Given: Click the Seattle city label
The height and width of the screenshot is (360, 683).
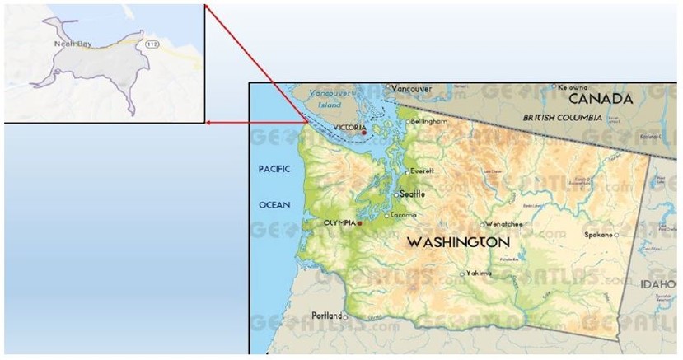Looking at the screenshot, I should [x=413, y=194].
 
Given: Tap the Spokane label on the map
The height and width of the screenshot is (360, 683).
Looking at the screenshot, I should [x=597, y=235].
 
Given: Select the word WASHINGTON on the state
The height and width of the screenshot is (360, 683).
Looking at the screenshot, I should [x=459, y=242].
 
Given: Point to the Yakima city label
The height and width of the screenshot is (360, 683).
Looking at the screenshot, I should [x=479, y=273].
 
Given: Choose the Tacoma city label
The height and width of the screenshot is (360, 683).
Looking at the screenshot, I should [x=404, y=215].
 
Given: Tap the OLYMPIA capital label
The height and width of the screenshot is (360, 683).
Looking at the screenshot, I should [x=339, y=222].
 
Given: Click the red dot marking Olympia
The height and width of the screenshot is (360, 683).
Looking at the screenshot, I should [x=359, y=222].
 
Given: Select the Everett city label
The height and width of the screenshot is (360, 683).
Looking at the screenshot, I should [x=422, y=171].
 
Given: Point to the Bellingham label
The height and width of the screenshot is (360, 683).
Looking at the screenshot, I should [x=428, y=121].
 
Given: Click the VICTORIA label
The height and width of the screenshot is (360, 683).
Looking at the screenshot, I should [x=350, y=127].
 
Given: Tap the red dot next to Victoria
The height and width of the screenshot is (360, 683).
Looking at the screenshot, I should [x=363, y=133].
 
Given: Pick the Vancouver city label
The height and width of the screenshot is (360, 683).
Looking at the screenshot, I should [x=411, y=88].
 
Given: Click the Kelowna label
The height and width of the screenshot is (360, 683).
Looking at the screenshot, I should [x=572, y=87].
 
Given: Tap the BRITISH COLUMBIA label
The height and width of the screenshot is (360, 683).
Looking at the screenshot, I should [x=556, y=118].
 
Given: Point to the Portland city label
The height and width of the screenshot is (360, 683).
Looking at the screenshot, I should [x=326, y=316].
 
